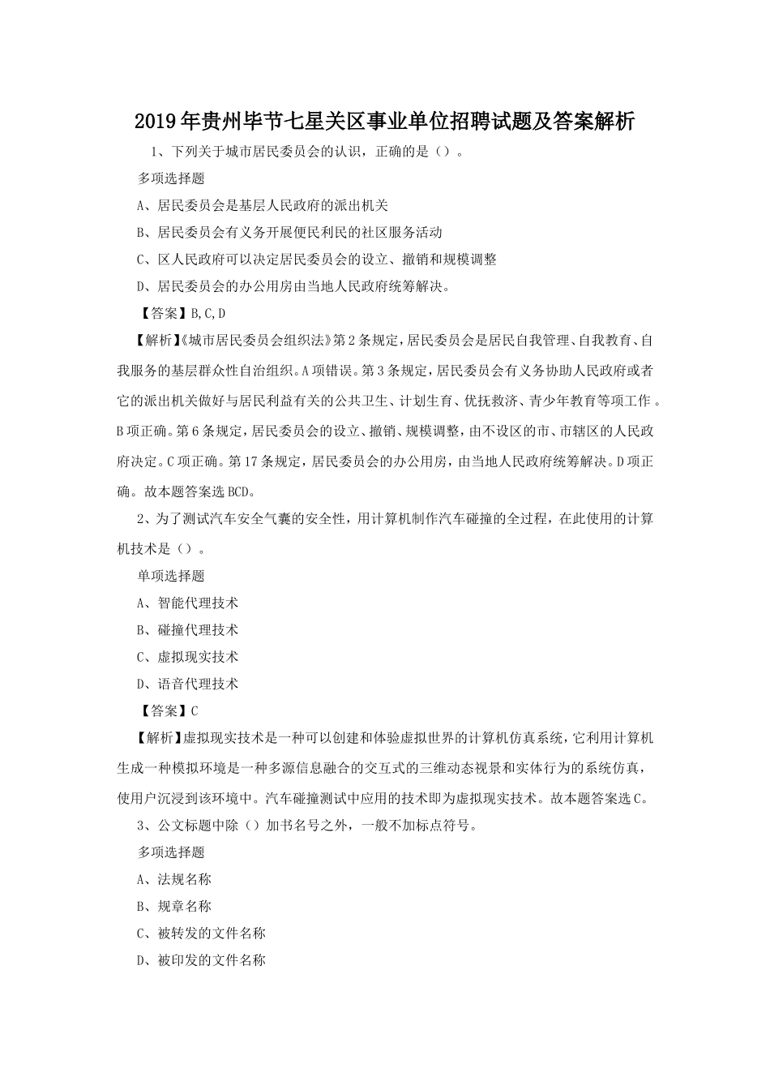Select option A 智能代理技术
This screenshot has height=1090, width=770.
tap(188, 603)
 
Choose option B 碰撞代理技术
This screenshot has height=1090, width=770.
tap(188, 629)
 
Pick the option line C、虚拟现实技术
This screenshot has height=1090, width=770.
tap(188, 657)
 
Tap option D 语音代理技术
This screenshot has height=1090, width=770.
tap(188, 684)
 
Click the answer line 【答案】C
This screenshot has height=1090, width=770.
tap(169, 710)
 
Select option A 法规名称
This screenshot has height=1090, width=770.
tap(174, 879)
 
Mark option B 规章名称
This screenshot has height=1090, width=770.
tap(174, 906)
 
